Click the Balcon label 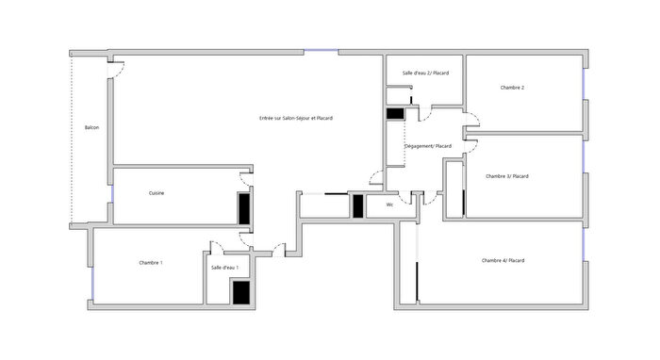point(91,127)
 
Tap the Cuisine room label point(157,193)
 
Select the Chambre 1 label point(150,262)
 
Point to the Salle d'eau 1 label point(224,268)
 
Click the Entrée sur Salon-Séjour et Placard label point(295,118)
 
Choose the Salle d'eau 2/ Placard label point(424,73)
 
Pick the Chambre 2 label point(512,88)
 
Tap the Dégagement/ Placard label point(427,146)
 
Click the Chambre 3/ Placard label point(506,176)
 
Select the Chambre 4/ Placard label point(503,260)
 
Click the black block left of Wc point(358,205)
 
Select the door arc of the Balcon point(116,69)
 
